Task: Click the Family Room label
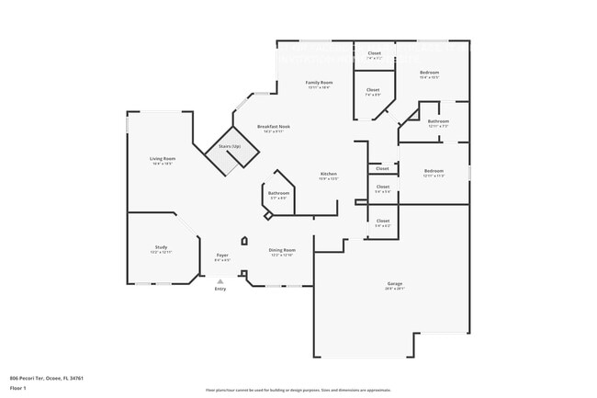[319, 83]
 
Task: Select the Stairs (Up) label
[229, 147]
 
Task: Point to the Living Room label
[163, 159]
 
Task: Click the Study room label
[161, 247]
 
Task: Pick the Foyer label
[222, 255]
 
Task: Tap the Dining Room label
[281, 250]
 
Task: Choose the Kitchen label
[328, 174]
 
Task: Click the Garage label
[394, 284]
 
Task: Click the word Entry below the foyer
[220, 290]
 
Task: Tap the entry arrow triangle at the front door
[220, 282]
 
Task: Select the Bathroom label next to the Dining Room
[278, 193]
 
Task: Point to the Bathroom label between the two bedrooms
[438, 121]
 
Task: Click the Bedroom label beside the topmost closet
[429, 73]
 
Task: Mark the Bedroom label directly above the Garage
[434, 171]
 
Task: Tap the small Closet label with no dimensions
[382, 168]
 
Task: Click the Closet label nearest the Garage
[382, 221]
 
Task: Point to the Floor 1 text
[18, 389]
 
